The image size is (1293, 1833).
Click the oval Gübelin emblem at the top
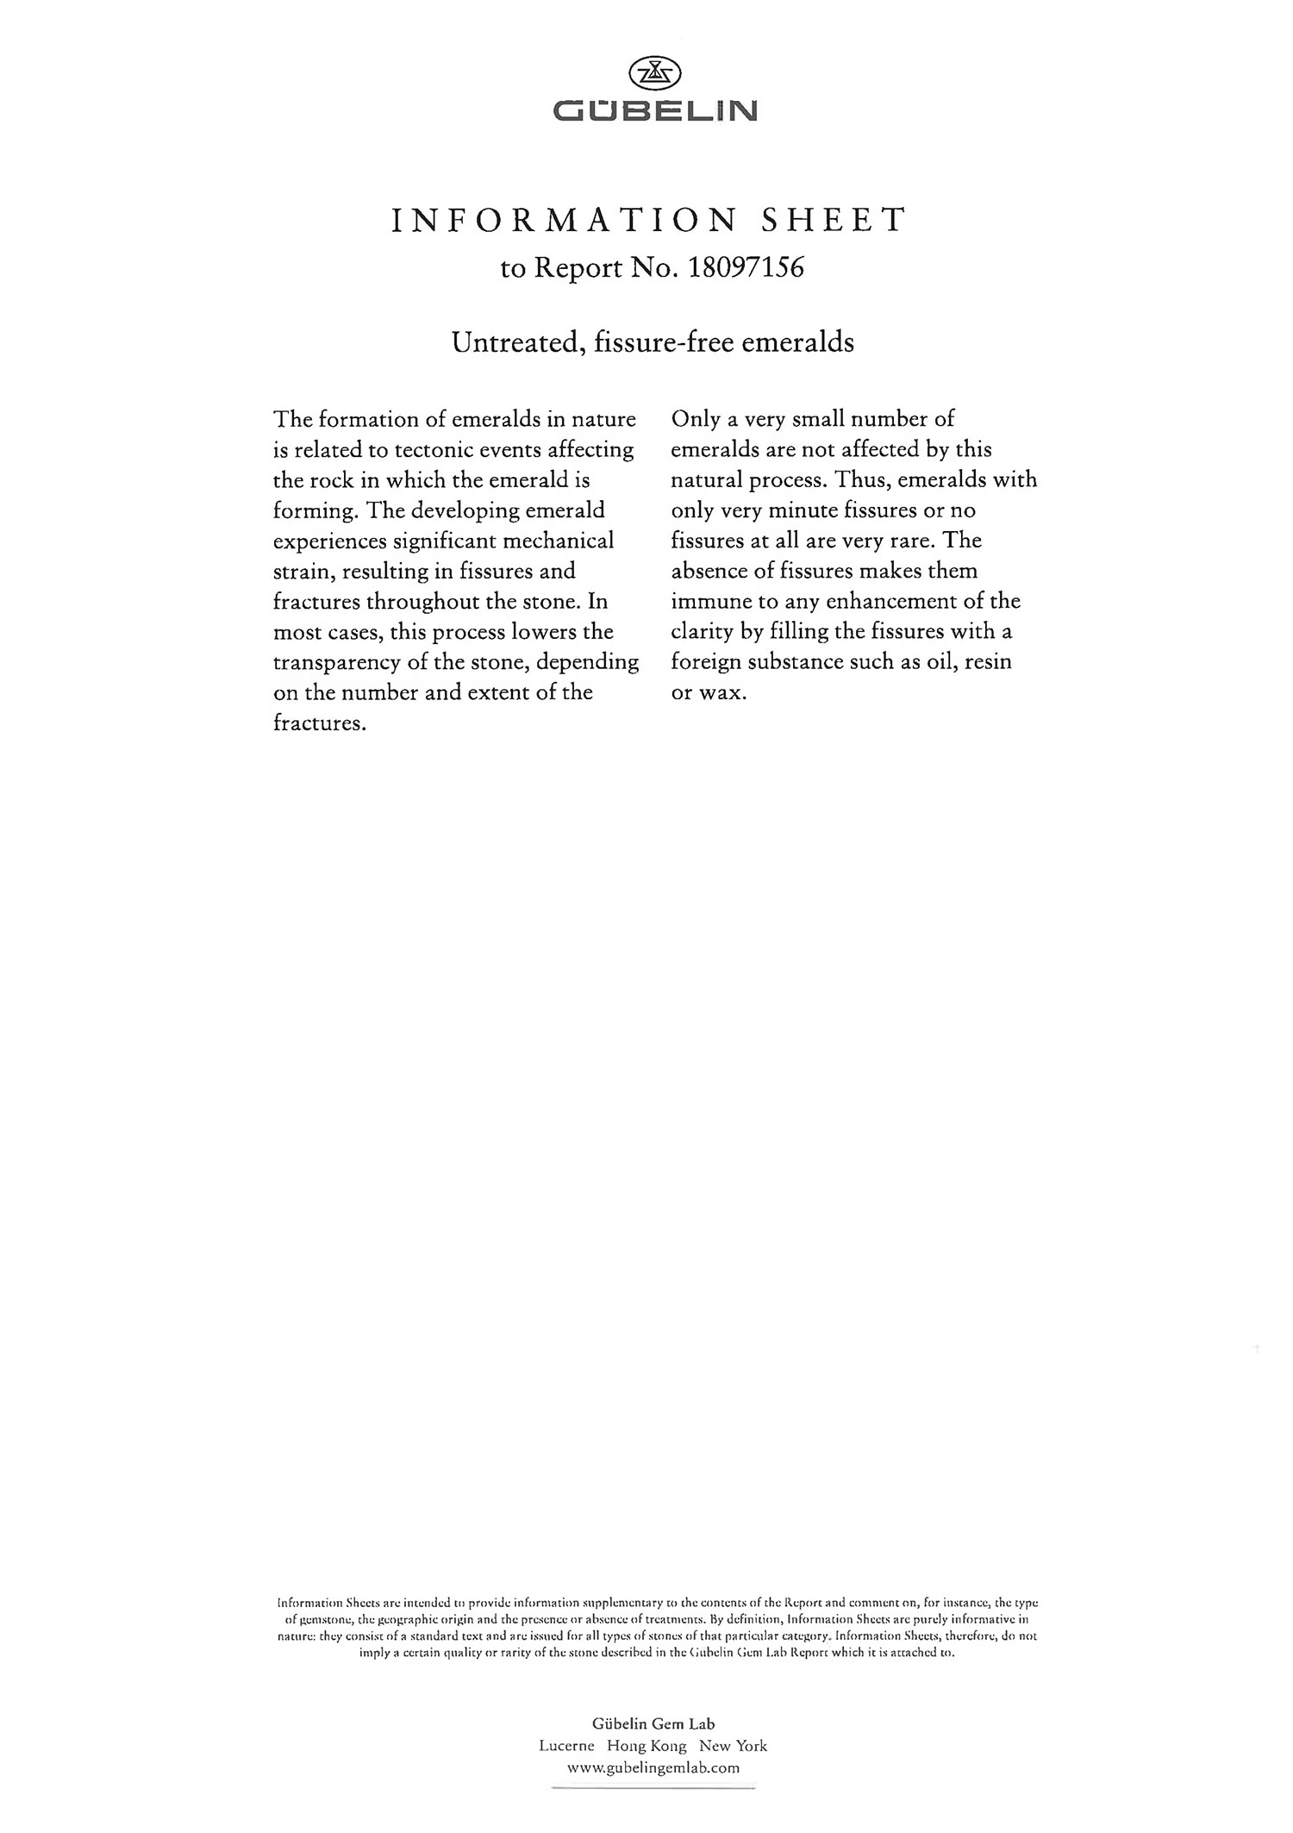click(655, 74)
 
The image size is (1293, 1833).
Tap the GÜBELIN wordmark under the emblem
click(655, 110)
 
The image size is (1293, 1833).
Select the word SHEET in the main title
click(832, 221)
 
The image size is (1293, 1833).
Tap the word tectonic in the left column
click(436, 450)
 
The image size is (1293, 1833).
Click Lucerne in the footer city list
click(566, 1746)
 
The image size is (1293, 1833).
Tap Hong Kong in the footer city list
click(646, 1746)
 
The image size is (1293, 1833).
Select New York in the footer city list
click(733, 1746)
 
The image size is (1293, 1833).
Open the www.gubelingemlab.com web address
click(653, 1767)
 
